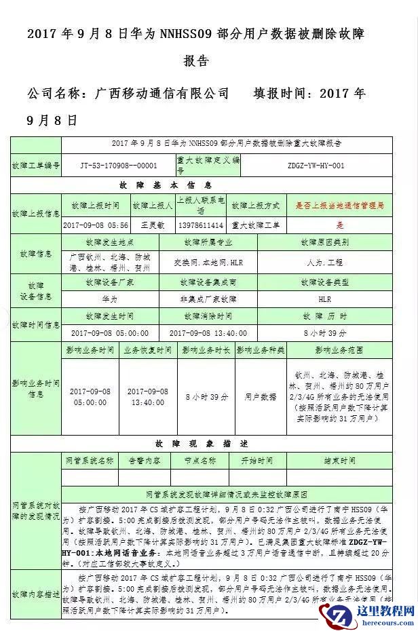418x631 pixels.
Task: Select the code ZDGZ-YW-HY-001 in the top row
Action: point(316,165)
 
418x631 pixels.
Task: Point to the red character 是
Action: point(340,225)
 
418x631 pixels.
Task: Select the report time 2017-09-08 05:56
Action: point(95,225)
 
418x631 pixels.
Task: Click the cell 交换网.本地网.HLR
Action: point(208,262)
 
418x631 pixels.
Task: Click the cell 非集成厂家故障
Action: point(208,298)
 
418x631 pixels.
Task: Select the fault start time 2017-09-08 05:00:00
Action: point(109,333)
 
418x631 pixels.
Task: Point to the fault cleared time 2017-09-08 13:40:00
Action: point(208,333)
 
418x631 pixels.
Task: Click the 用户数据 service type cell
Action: point(260,396)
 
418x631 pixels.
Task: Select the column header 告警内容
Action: point(145,461)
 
